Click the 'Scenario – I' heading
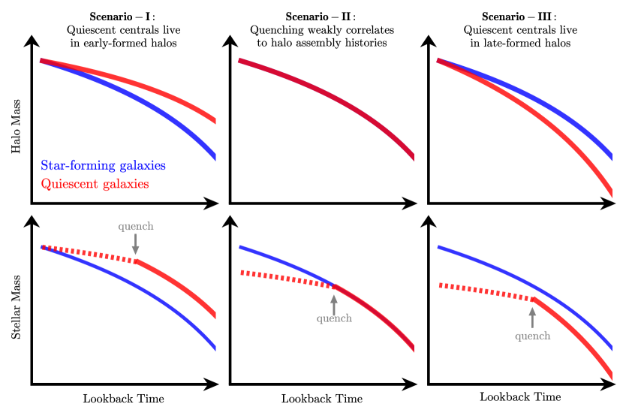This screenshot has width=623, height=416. (x=124, y=17)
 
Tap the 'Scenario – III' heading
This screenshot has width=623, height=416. (x=517, y=17)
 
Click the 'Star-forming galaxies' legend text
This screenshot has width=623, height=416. (x=103, y=165)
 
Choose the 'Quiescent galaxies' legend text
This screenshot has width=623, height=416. (x=95, y=184)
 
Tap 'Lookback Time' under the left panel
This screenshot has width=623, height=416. (x=123, y=398)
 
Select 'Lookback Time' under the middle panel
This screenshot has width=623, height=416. (x=321, y=398)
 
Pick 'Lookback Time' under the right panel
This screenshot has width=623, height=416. (x=520, y=396)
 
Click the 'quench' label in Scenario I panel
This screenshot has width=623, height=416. (x=136, y=226)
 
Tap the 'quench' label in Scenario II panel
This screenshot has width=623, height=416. (x=334, y=318)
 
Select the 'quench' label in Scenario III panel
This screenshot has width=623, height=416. (x=532, y=336)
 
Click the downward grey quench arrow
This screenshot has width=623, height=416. (x=136, y=243)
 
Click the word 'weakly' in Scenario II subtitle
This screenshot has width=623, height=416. (x=318, y=30)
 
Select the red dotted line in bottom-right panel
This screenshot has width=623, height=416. (x=484, y=291)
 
